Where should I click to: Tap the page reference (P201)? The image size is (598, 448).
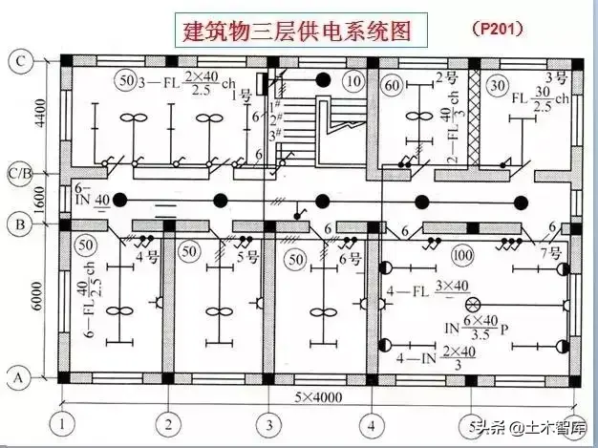tap(497, 29)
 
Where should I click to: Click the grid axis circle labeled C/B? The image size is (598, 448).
tap(19, 174)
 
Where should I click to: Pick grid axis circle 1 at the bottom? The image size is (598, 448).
tap(64, 422)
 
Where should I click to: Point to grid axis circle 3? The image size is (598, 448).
tap(270, 422)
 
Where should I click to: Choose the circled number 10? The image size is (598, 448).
tap(354, 81)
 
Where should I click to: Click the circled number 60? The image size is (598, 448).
tap(391, 85)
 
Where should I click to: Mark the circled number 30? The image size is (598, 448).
tap(496, 85)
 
